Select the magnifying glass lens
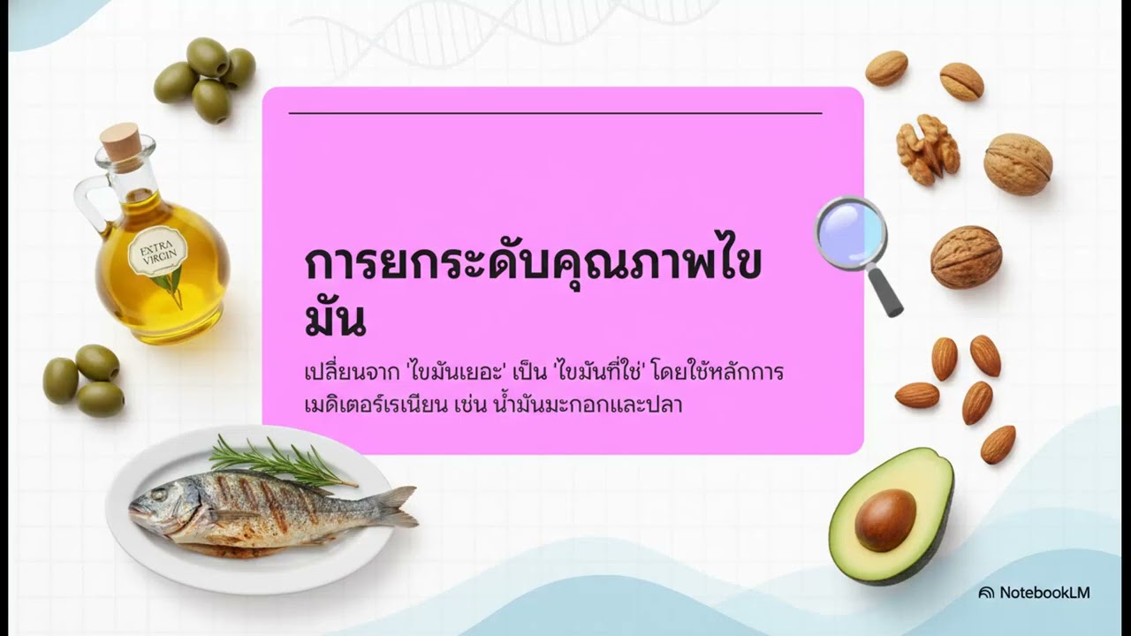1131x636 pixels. [x=850, y=231]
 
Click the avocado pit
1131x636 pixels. [x=884, y=519]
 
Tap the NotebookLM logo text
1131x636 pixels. [x=1044, y=593]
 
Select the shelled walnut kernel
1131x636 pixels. [x=927, y=148]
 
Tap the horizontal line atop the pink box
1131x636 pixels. [x=555, y=113]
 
